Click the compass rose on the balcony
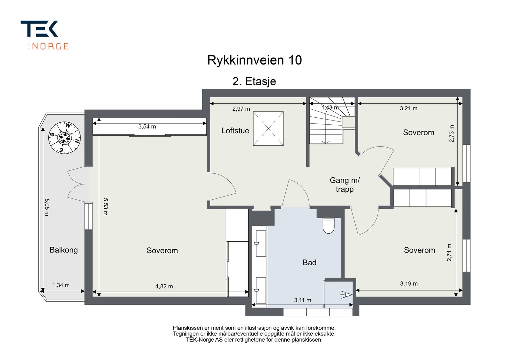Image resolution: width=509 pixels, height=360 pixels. tap(65, 138)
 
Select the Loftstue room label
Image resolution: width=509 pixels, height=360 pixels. tap(235, 131)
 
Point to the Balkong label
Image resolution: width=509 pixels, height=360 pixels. tap(64, 250)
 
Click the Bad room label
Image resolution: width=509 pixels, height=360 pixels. tap(310, 263)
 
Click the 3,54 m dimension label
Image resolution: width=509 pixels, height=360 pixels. tap(147, 127)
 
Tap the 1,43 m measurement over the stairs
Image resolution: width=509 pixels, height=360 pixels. tap(330, 108)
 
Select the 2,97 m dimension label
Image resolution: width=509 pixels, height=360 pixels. tap(241, 109)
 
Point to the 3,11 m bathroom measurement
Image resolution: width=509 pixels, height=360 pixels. tap(303, 300)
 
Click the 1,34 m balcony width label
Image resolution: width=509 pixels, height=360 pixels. tap(61, 285)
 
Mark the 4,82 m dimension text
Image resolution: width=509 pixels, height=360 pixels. tap(164, 286)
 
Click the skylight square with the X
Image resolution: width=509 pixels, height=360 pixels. tap(268, 128)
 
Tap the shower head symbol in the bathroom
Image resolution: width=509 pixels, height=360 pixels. tap(346, 294)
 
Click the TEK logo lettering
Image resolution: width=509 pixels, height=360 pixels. tap(39, 29)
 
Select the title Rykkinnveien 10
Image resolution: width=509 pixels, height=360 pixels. tap(254, 60)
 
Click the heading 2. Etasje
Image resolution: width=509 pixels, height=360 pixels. tap(254, 81)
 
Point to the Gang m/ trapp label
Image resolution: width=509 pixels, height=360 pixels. tap(345, 185)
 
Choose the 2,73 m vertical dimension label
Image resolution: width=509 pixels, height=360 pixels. tap(451, 134)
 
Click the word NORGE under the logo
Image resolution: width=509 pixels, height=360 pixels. tap(50, 46)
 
